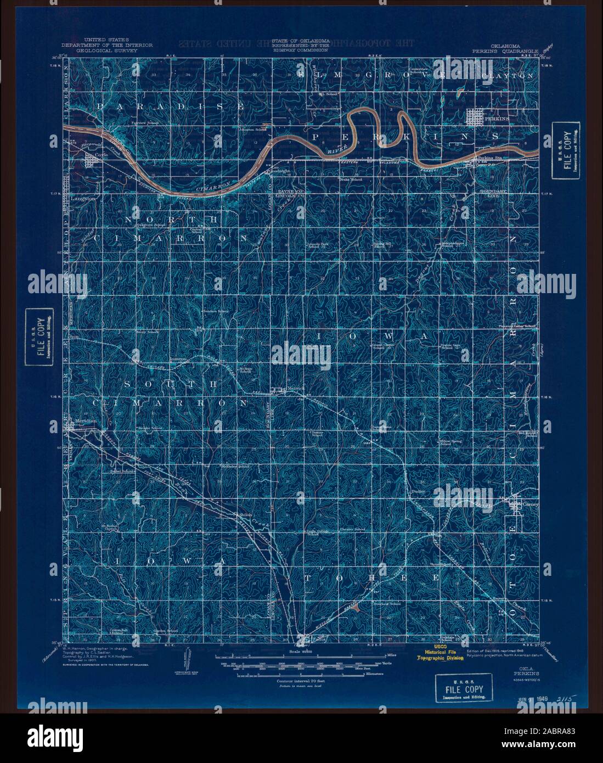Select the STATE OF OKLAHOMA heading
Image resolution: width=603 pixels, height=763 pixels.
tap(306, 41)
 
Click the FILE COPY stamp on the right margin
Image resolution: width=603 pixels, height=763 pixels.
tap(565, 155)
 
